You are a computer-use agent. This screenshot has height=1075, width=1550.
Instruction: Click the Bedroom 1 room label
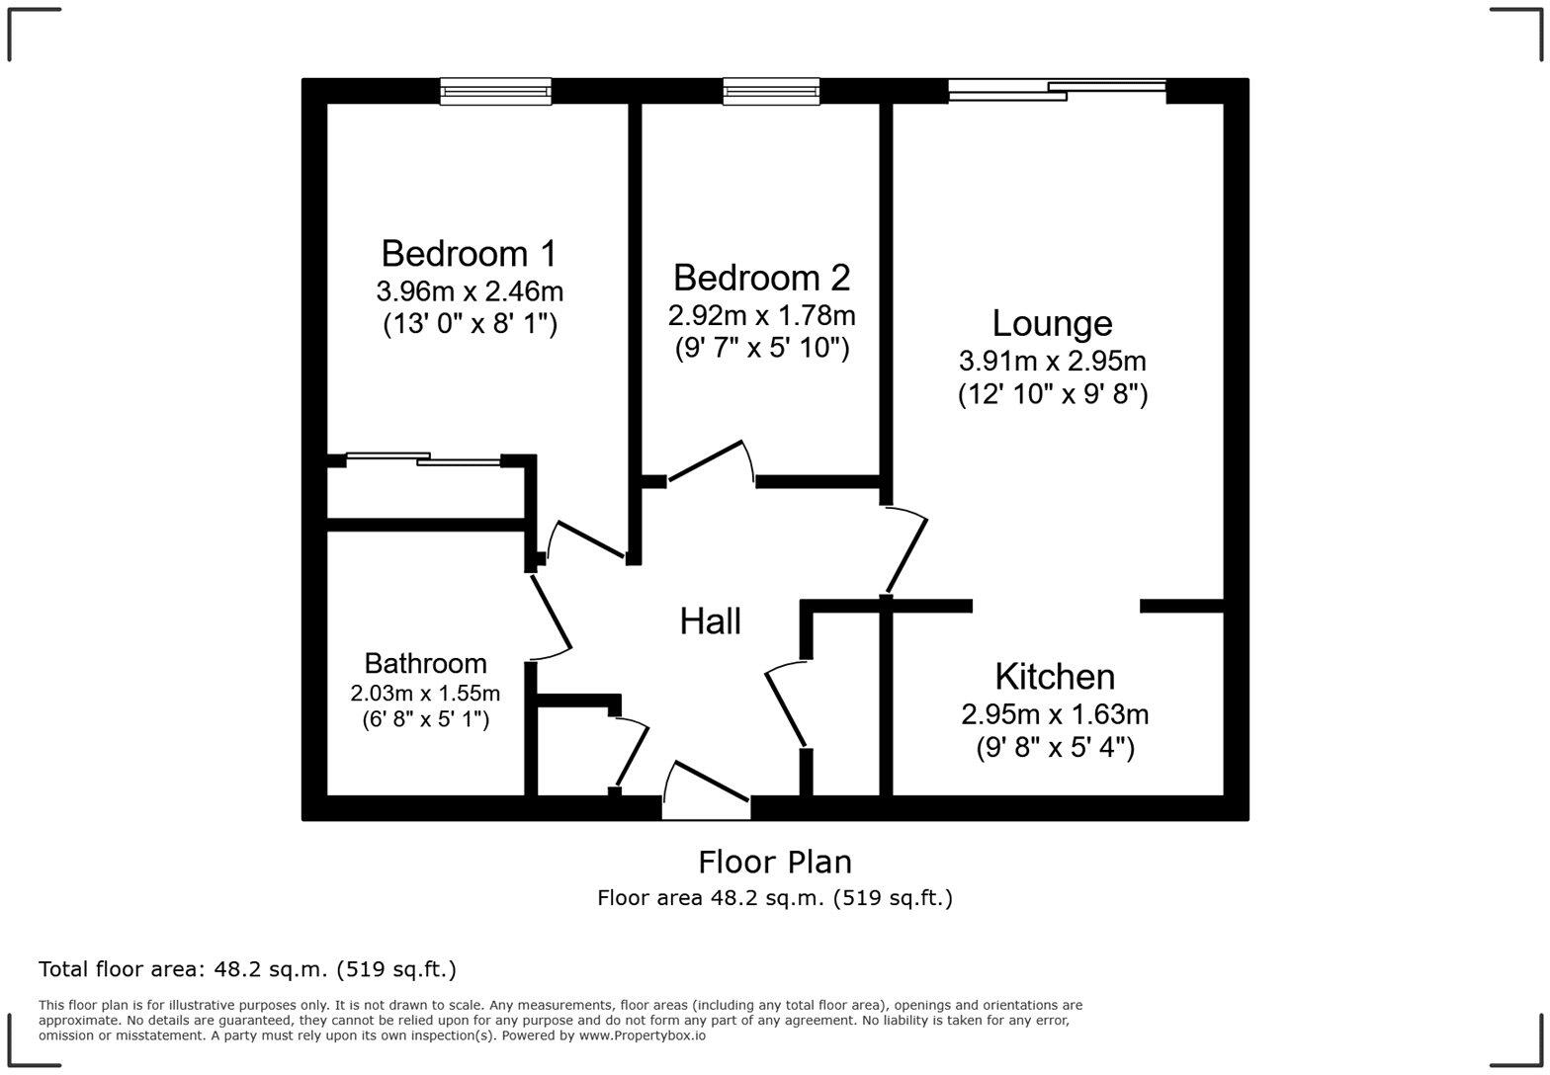tap(469, 254)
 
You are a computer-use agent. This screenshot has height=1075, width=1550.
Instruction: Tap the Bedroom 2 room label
tap(761, 278)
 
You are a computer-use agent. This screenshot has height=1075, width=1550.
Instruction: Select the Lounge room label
tap(1052, 323)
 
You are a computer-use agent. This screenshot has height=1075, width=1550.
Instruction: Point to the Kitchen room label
tap(1055, 677)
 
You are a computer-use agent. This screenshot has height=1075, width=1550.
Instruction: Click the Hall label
tap(710, 621)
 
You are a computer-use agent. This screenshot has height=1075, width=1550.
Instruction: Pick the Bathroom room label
tap(425, 663)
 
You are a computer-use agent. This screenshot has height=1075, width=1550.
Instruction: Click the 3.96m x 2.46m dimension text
tap(470, 291)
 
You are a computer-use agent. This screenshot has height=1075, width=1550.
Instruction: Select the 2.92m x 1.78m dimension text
tap(761, 316)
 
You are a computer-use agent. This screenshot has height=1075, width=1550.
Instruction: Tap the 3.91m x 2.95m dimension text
tap(1052, 361)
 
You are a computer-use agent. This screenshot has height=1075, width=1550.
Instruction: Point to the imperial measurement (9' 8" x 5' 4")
tap(1055, 748)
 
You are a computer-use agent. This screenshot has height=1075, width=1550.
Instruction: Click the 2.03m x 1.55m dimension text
tap(425, 693)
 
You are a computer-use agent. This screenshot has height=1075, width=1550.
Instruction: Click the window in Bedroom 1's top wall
tap(495, 92)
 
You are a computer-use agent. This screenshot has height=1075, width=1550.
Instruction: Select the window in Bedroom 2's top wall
tap(771, 92)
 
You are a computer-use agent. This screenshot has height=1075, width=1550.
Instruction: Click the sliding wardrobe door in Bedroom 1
tap(423, 458)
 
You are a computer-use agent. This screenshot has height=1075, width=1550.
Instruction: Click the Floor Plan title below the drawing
tap(774, 862)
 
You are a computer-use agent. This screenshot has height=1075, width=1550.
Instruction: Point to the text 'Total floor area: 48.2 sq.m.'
tap(247, 969)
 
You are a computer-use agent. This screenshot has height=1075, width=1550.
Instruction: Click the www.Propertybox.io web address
tap(642, 1035)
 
